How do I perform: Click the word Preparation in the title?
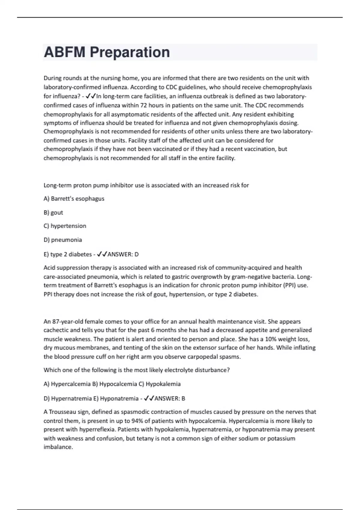(x=130, y=52)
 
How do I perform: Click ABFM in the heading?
(x=64, y=52)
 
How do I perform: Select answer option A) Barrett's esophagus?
(x=74, y=199)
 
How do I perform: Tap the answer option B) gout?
(x=53, y=213)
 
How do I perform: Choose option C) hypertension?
(x=65, y=226)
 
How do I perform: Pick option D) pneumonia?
(x=63, y=240)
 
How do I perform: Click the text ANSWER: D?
(x=123, y=254)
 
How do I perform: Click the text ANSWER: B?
(x=170, y=399)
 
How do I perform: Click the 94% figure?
(x=136, y=421)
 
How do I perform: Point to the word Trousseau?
(x=66, y=412)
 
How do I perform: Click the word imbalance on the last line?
(x=58, y=447)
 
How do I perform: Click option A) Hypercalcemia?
(x=67, y=384)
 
